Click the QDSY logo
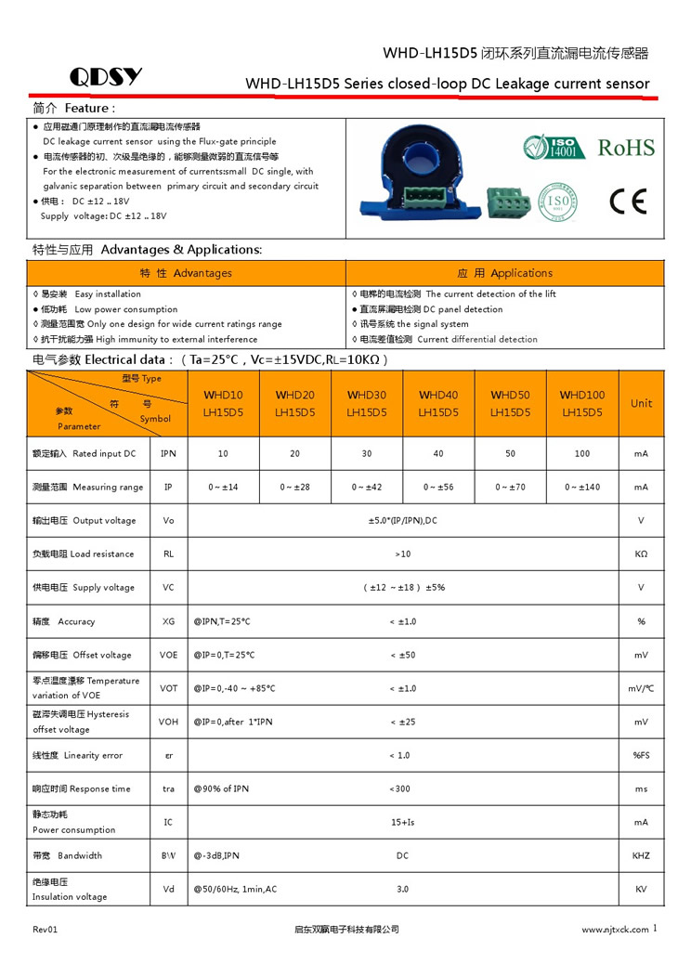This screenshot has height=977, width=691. [x=106, y=77]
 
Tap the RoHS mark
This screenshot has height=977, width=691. [x=625, y=148]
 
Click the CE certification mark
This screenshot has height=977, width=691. [x=627, y=201]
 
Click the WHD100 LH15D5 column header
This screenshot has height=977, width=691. [x=582, y=403]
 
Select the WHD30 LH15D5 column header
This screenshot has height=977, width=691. [x=366, y=403]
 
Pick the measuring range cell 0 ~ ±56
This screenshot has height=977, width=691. [x=438, y=487]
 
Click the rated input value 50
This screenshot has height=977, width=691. [x=510, y=453]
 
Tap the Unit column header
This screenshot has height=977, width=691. [x=641, y=403]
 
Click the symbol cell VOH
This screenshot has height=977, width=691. [x=168, y=722]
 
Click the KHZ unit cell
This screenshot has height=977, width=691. [x=641, y=855]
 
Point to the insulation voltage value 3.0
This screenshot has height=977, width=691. [x=402, y=889]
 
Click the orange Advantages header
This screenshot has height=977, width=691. [x=186, y=273]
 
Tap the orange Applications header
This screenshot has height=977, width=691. [x=504, y=273]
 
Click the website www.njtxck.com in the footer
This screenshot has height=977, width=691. [x=614, y=929]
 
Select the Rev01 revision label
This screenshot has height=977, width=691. [x=46, y=929]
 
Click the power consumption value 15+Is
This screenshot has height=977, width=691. [x=402, y=822]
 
